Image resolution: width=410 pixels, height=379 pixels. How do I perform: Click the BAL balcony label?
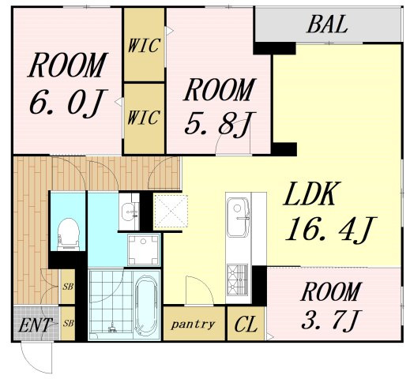tap(327, 24)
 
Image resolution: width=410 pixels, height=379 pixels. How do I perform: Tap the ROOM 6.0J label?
tap(68, 84)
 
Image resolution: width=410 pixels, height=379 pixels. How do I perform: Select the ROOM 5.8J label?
tap(220, 107)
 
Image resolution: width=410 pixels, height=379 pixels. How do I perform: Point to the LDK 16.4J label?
tap(330, 212)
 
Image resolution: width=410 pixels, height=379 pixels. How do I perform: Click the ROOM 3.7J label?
tap(331, 306)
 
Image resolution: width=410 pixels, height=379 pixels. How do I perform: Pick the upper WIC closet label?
tap(144, 46)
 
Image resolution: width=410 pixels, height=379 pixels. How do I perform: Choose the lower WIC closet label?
tap(144, 118)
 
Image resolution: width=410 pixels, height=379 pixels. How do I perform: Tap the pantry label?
tap(193, 325)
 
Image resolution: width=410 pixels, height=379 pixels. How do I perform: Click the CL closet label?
tap(246, 325)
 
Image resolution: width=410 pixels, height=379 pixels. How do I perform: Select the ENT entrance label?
tap(35, 325)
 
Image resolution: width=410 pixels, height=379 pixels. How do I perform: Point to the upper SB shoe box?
tap(68, 287)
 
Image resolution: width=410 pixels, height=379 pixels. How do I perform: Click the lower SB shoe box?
tap(68, 323)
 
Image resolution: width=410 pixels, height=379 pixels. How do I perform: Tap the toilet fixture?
tap(68, 234)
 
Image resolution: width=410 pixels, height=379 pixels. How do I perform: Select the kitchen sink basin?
tap(239, 217)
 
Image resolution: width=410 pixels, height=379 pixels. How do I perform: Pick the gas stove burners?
tap(238, 280)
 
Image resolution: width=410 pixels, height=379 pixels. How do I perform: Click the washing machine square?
tap(144, 250)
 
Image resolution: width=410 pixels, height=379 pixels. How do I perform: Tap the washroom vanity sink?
tap(129, 212)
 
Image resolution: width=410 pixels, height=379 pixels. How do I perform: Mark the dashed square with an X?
tap(171, 211)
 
